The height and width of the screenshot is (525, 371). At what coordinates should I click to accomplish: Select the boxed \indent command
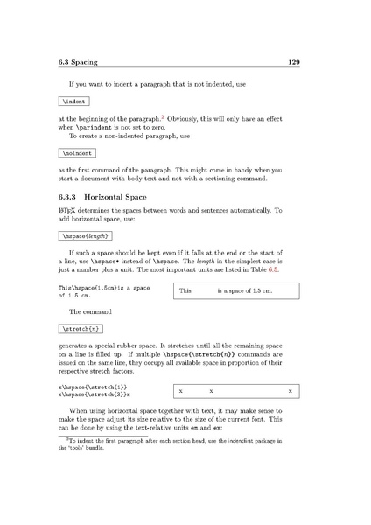pos(70,102)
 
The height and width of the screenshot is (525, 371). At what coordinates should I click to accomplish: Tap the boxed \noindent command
pos(73,152)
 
